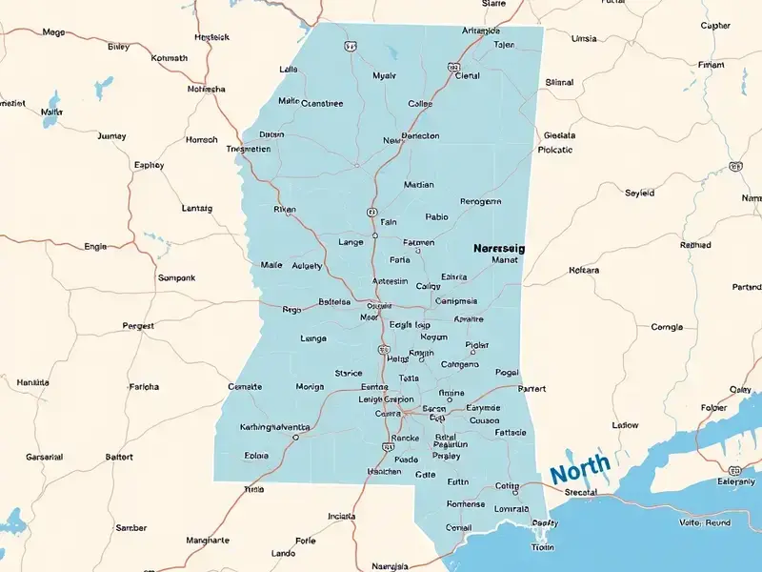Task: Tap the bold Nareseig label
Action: click(499, 248)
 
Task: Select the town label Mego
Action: click(53, 32)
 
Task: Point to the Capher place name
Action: click(715, 26)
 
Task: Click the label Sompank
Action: click(175, 278)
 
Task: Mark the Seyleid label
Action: click(639, 193)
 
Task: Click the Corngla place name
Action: click(666, 327)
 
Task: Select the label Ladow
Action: click(625, 425)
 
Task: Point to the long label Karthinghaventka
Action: click(274, 426)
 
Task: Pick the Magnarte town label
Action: click(207, 540)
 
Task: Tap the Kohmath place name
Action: click(170, 57)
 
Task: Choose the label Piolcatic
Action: click(554, 150)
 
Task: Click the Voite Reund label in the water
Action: click(704, 522)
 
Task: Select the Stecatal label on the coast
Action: click(580, 492)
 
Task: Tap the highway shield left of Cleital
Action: click(453, 69)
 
